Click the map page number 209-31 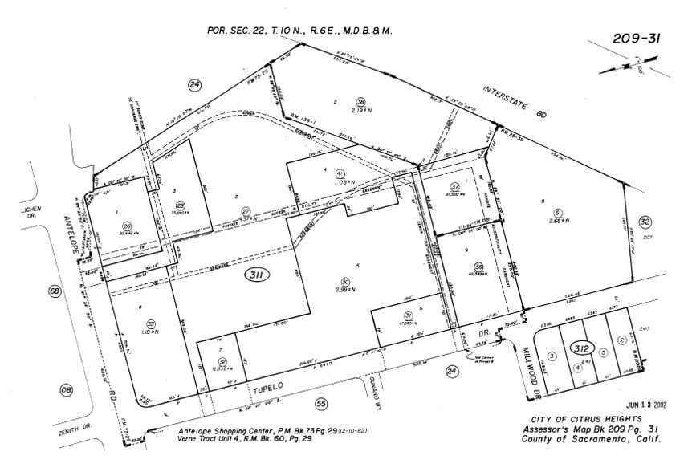(x=634, y=38)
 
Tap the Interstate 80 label (x=515, y=102)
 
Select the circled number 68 (x=55, y=291)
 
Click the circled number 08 (x=66, y=390)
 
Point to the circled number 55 (x=321, y=404)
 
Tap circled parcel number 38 (x=361, y=101)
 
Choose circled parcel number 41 (x=340, y=173)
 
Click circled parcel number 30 (x=345, y=282)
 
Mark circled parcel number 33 (x=150, y=323)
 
